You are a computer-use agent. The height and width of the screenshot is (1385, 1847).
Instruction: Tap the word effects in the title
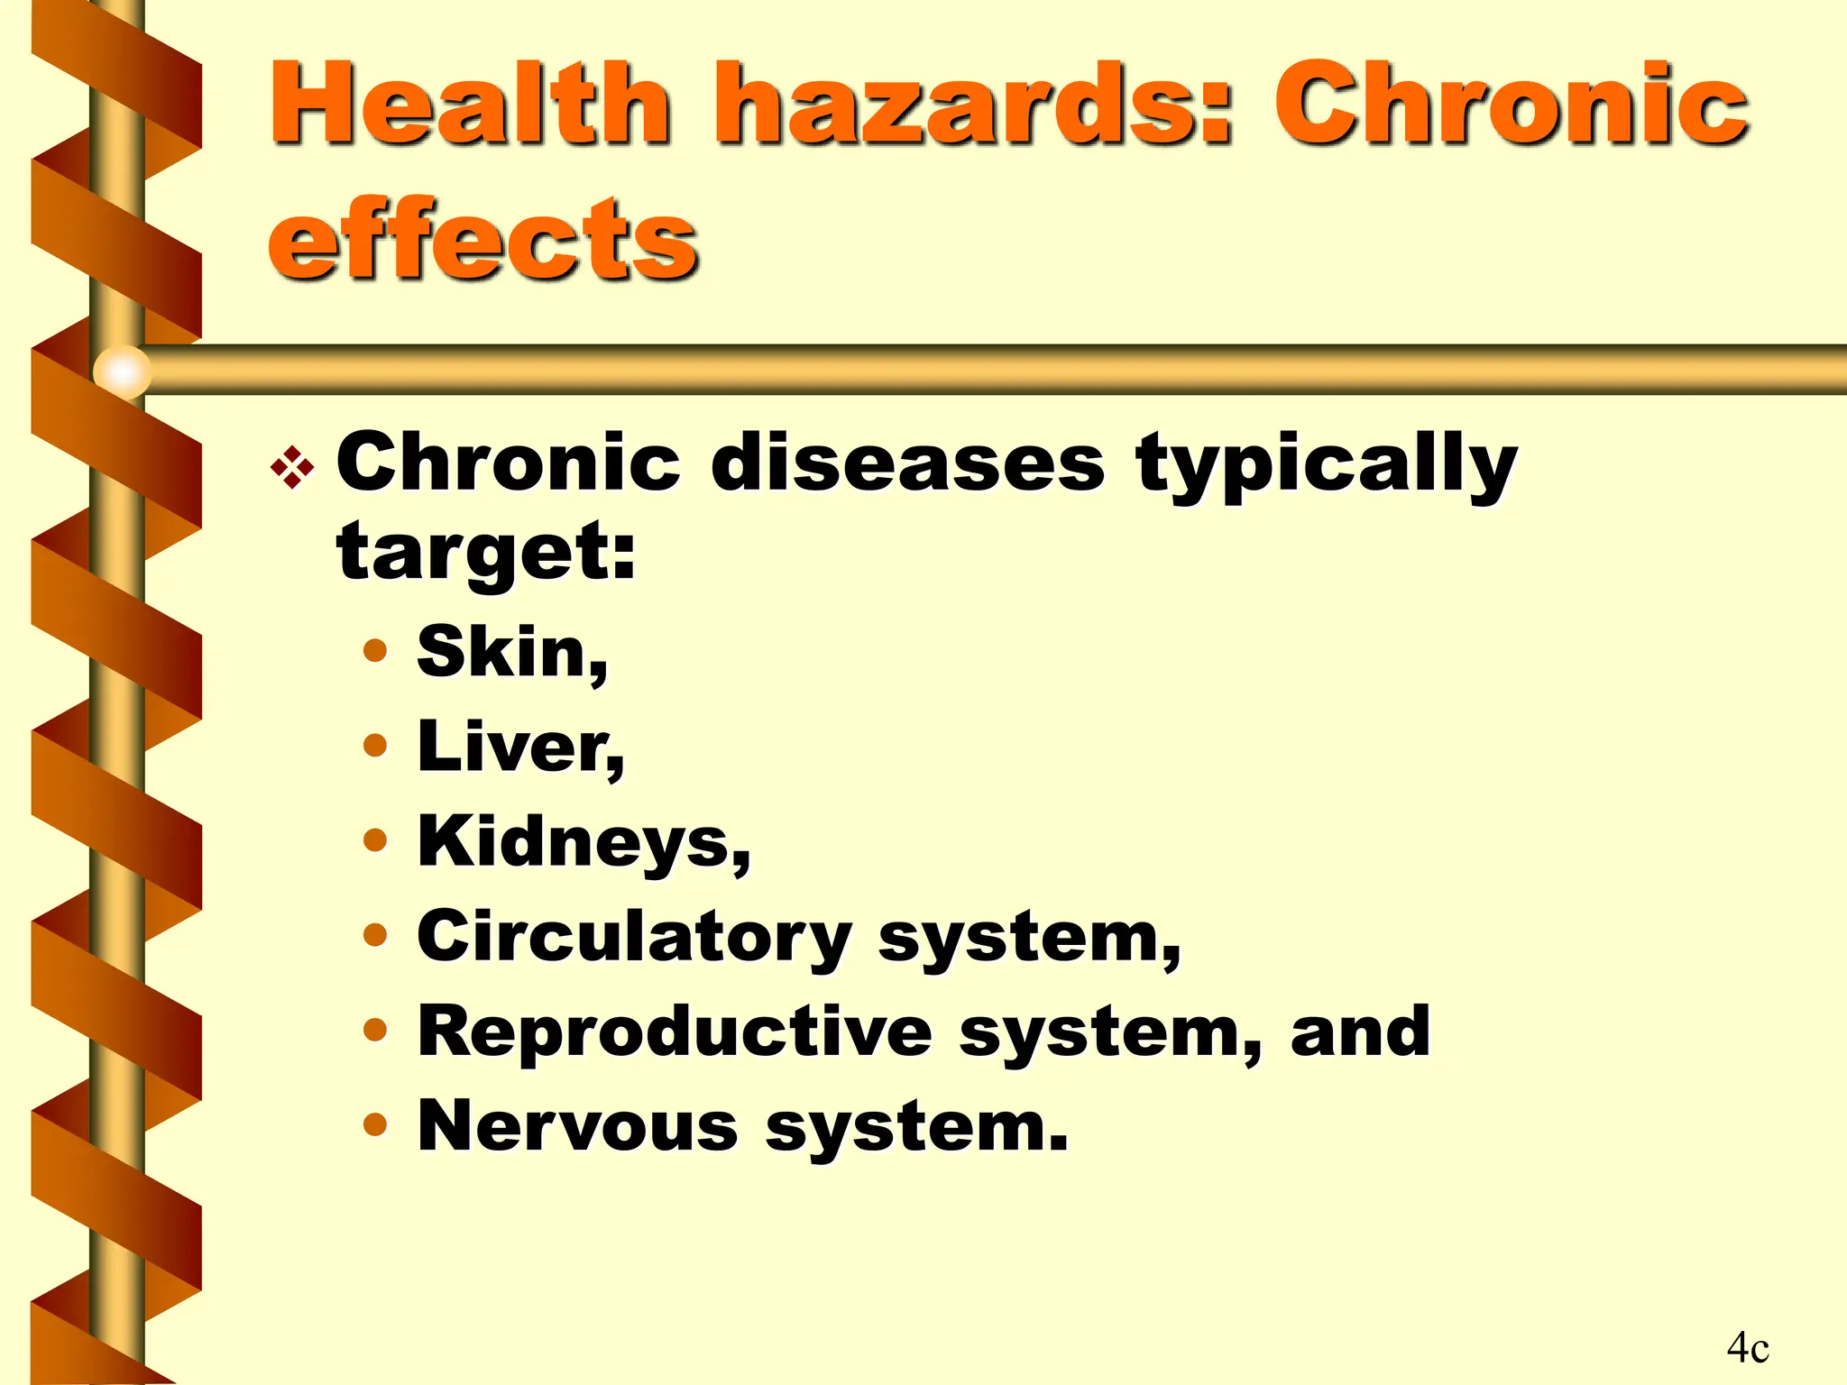(x=482, y=239)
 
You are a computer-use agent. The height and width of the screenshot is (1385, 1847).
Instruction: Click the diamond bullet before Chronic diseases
(x=292, y=468)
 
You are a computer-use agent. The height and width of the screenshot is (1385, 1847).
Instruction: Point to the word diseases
(x=907, y=463)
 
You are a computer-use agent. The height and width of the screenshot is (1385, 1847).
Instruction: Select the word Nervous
(x=578, y=1126)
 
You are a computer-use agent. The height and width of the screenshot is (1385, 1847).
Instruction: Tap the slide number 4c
(x=1747, y=1348)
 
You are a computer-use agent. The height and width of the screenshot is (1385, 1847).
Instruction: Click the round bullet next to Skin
(x=375, y=650)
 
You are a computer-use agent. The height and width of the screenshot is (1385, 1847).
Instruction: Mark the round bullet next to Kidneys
(x=375, y=840)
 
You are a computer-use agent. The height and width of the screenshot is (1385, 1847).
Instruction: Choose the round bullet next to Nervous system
(x=375, y=1124)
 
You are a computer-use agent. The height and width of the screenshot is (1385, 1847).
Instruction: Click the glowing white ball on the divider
(x=123, y=371)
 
